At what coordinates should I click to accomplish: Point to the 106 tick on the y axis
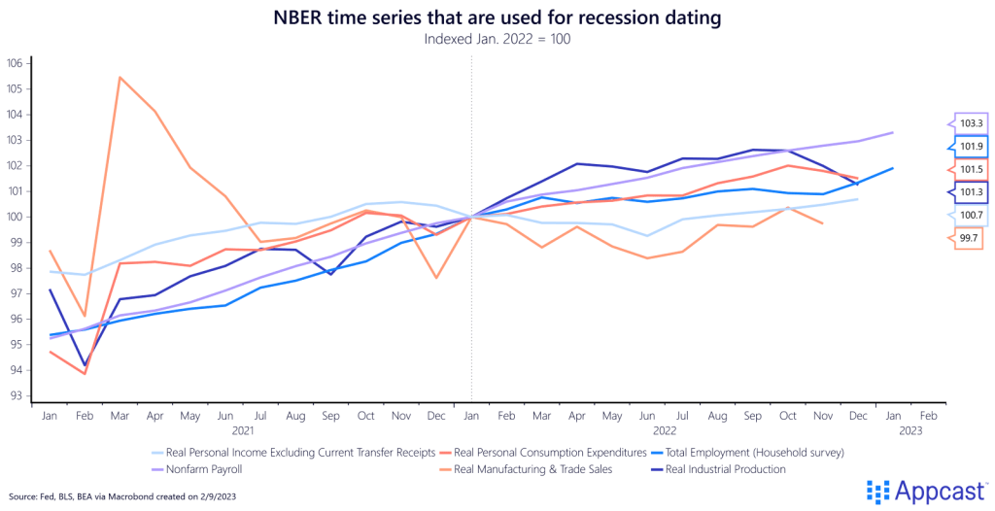[x=15, y=63]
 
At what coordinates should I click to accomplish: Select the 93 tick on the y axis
[x=15, y=395]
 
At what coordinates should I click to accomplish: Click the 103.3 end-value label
[x=971, y=124]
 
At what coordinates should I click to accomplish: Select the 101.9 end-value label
[x=971, y=147]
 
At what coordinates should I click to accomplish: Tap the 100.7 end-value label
[x=971, y=214]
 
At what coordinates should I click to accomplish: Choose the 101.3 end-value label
[x=971, y=191]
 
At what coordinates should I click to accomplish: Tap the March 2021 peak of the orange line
[x=119, y=77]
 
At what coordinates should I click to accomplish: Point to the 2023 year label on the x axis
[x=912, y=429]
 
